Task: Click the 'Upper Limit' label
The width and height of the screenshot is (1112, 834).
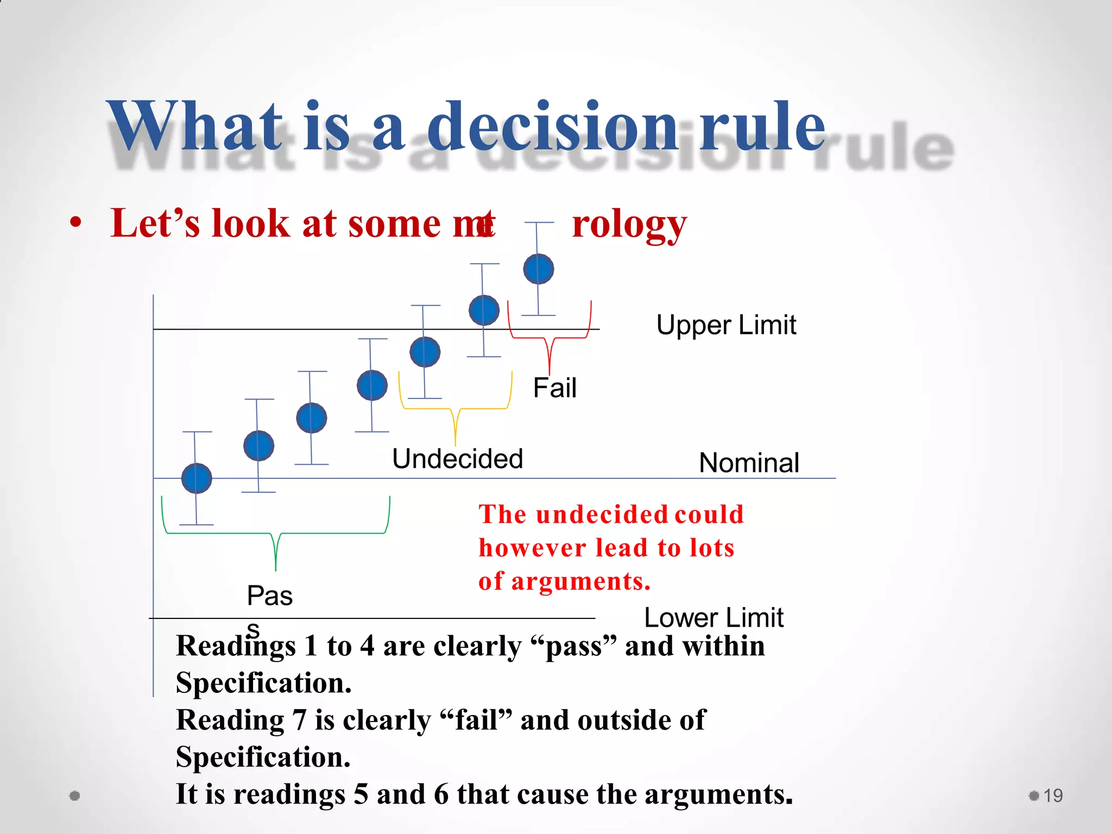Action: pos(726,325)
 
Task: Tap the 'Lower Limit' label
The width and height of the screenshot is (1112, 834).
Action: pos(713,618)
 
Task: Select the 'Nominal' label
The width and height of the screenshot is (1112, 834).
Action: pos(749,463)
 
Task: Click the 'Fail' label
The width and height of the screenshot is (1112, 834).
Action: pos(554,388)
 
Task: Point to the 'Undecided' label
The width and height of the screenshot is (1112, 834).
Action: pos(457,459)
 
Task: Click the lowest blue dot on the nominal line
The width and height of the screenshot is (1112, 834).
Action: pos(197,478)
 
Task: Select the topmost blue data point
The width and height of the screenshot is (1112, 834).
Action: pos(538,269)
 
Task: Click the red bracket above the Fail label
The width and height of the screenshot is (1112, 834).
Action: pos(549,338)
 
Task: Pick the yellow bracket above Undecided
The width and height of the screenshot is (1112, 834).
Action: pos(455,408)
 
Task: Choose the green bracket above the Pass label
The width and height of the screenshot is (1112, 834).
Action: pos(276,534)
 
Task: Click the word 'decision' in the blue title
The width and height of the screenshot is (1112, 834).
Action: pos(552,128)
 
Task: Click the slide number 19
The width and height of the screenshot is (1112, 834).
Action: pos(1053,795)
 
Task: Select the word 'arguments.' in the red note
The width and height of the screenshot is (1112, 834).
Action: pos(580,582)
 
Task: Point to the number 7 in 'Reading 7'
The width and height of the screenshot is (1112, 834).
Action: pos(299,721)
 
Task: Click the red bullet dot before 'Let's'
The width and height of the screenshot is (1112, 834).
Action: pos(76,223)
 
